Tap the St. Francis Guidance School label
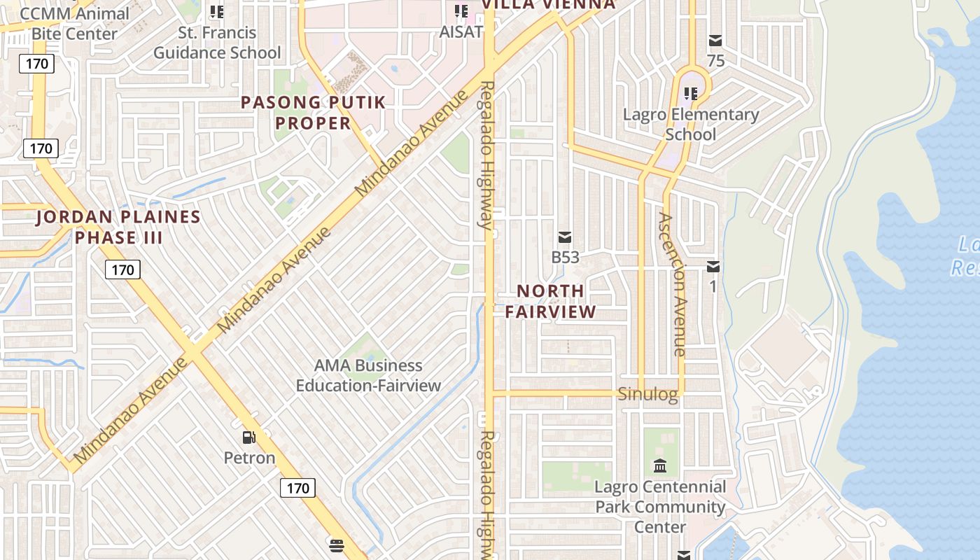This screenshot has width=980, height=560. click(217, 43)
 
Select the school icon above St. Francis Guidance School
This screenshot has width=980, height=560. click(217, 12)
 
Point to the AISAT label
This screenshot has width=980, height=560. click(461, 31)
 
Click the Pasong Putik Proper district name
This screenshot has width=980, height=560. click(313, 113)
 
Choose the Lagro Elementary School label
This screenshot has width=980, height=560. click(691, 124)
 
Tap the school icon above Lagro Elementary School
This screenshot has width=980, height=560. click(692, 93)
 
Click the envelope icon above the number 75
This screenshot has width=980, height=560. click(715, 41)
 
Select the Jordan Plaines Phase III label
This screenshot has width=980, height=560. click(118, 227)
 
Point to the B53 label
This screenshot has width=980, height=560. click(566, 257)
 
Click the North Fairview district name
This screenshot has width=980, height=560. click(550, 301)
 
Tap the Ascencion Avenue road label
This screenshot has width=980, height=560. click(671, 284)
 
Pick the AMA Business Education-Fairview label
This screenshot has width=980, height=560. click(368, 375)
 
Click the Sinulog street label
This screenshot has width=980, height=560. click(648, 394)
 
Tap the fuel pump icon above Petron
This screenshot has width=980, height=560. click(248, 438)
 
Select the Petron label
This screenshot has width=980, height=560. click(249, 458)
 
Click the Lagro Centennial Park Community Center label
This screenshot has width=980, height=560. click(660, 506)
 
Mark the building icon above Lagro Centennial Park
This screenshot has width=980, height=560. click(660, 466)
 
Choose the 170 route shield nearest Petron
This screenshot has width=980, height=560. click(298, 488)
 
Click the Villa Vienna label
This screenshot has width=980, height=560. click(549, 5)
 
